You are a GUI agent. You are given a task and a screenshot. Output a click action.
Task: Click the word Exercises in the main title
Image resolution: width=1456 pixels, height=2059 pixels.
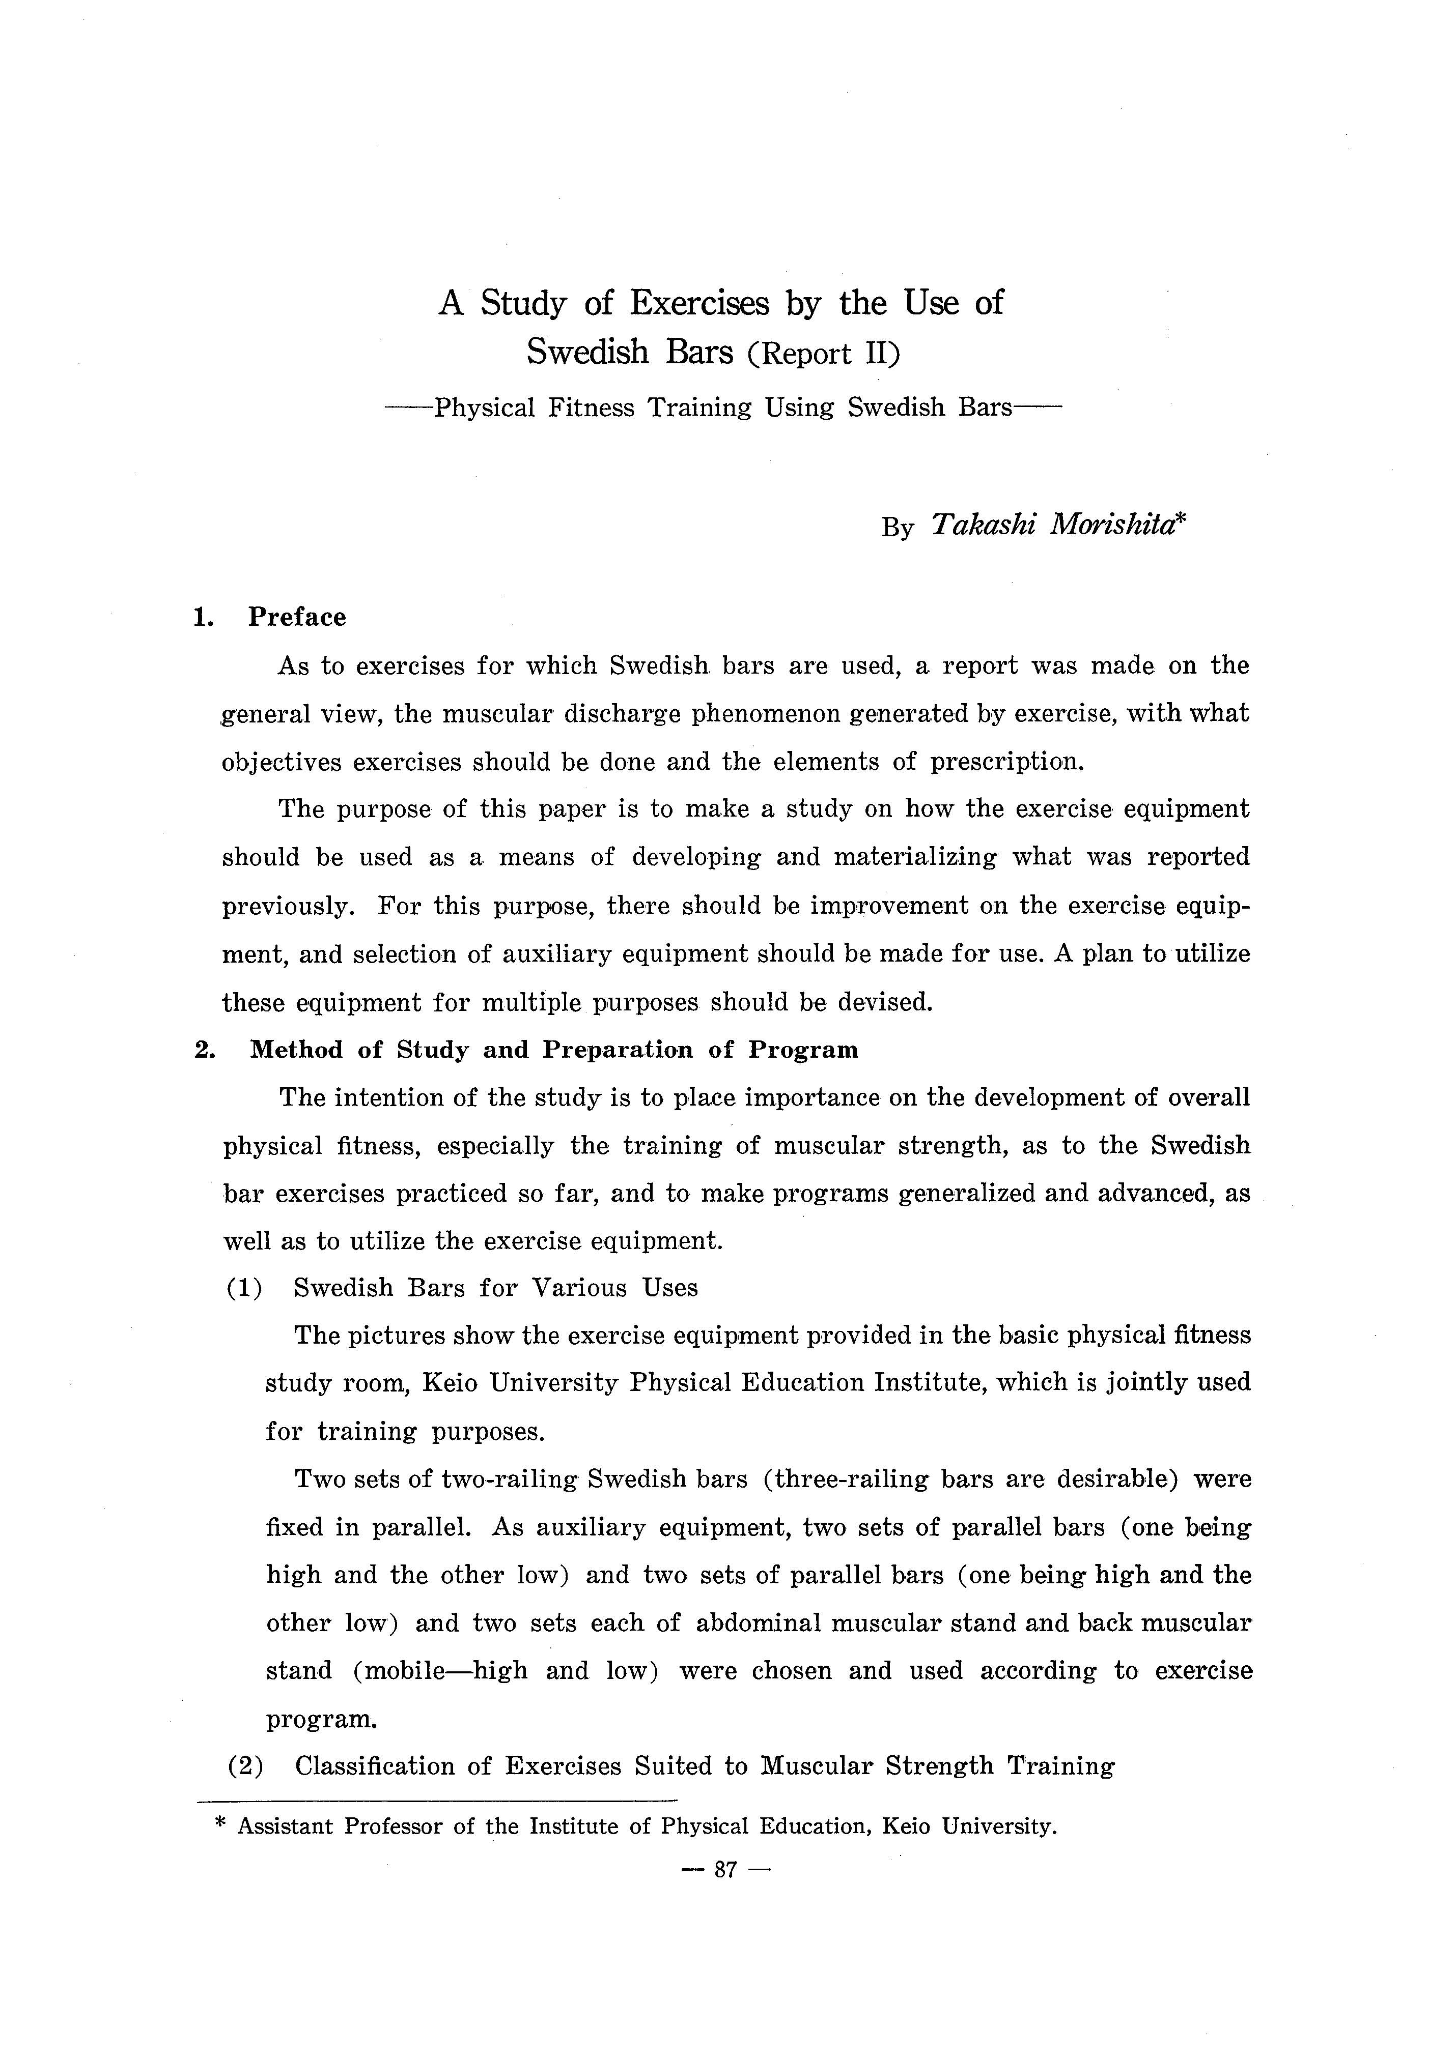pyautogui.click(x=699, y=303)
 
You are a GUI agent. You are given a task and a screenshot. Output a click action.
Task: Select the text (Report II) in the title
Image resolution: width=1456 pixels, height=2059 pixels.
pyautogui.click(x=824, y=353)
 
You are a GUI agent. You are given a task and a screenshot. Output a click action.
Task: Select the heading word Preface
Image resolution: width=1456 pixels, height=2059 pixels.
pyautogui.click(x=297, y=617)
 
